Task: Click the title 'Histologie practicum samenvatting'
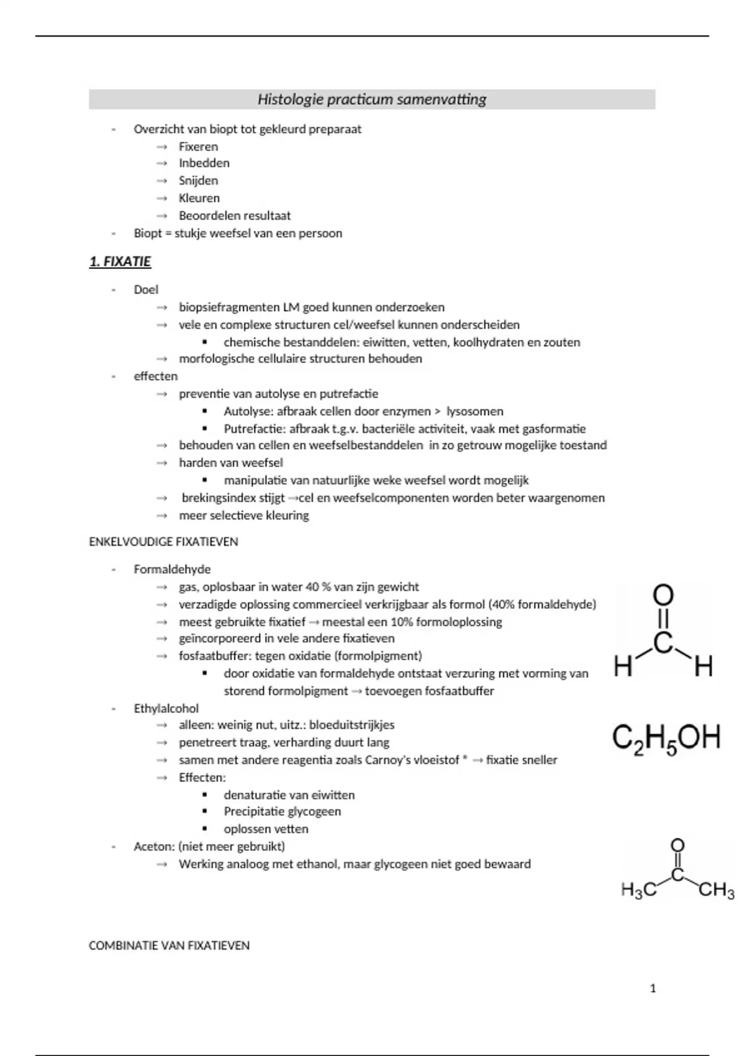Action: point(372,99)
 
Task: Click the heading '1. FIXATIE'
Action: point(120,262)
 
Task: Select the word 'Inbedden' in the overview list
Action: point(204,163)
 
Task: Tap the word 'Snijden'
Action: point(198,181)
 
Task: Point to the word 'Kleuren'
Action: point(199,198)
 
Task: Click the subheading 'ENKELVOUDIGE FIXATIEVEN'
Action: point(163,542)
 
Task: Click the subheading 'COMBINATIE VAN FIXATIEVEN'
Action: point(169,945)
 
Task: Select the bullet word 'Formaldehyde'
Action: point(172,569)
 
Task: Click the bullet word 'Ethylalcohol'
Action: point(166,708)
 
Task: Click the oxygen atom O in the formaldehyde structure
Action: point(664,596)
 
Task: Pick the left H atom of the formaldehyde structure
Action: point(623,668)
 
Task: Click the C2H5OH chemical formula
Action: point(666,739)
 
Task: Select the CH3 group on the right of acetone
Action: point(716,891)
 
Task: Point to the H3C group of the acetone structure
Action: point(638,891)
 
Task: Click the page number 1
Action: point(652,988)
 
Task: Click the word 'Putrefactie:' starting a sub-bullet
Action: point(255,429)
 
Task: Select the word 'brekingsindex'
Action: point(215,498)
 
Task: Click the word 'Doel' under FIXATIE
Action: point(146,289)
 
